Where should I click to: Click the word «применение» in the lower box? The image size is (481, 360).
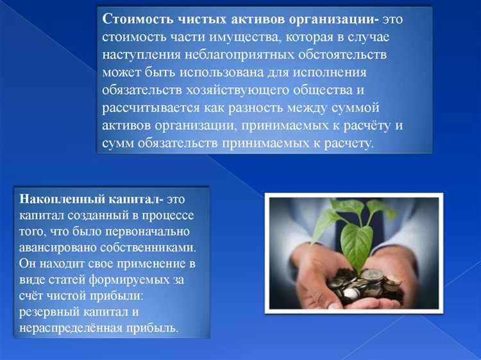146,264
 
